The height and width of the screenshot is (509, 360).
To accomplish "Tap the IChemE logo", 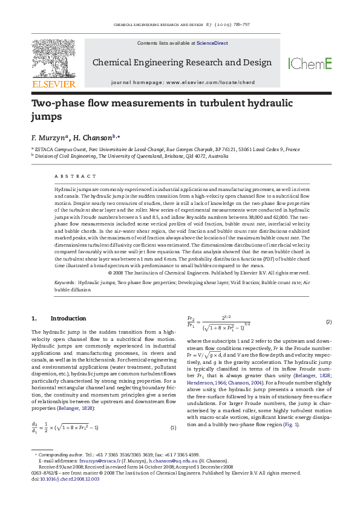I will click(x=310, y=63).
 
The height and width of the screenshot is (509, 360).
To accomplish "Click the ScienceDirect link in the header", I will click(x=210, y=44).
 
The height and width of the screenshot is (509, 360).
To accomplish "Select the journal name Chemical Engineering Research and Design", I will click(x=182, y=63).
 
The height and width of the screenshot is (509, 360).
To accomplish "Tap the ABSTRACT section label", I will click(x=75, y=176).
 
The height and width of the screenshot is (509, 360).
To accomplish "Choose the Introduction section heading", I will click(x=68, y=318).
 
